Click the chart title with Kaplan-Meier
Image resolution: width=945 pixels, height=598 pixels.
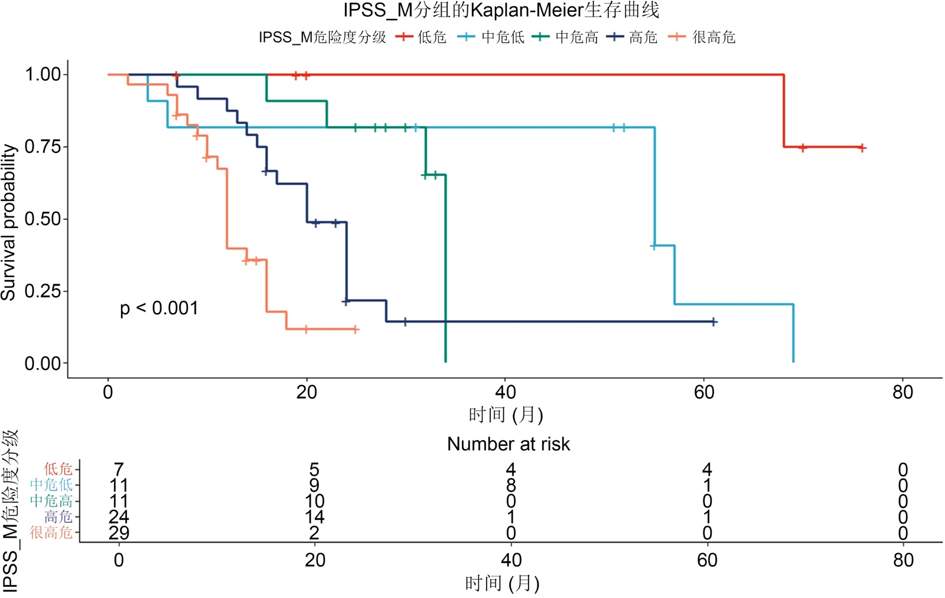(501, 11)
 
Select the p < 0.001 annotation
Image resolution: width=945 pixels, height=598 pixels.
(159, 308)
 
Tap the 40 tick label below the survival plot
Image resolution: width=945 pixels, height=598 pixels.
(506, 392)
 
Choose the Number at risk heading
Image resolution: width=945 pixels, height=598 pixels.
(509, 444)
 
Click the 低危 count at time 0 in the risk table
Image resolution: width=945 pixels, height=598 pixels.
(119, 469)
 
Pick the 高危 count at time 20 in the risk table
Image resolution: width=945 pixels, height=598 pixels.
(314, 517)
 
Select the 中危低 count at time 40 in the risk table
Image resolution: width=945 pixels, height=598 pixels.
(511, 485)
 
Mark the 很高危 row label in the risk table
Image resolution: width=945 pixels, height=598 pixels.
(51, 532)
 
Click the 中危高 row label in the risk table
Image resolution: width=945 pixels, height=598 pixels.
(51, 501)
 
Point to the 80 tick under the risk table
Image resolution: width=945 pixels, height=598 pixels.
(903, 560)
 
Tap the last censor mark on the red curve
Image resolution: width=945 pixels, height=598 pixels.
(862, 148)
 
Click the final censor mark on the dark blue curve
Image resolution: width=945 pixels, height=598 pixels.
(714, 322)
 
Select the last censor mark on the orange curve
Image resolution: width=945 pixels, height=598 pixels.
(356, 330)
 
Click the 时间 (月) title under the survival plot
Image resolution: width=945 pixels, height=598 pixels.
(506, 415)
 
